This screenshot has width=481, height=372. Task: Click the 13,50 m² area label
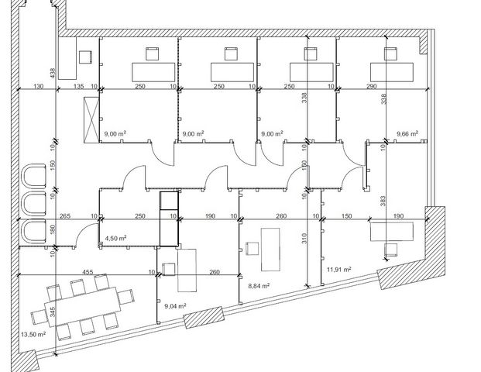click(x=33, y=334)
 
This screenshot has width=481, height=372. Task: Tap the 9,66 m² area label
click(x=407, y=134)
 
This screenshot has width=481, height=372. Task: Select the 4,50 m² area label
click(x=115, y=238)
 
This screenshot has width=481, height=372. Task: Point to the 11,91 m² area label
click(x=339, y=270)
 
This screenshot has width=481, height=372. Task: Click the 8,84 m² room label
click(x=259, y=286)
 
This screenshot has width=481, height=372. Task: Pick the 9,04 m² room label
click(x=176, y=306)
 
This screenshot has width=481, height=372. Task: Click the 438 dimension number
click(x=53, y=73)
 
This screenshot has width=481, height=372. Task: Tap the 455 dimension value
click(x=88, y=272)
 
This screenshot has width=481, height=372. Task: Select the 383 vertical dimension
click(x=383, y=201)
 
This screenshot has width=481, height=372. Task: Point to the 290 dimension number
click(x=371, y=86)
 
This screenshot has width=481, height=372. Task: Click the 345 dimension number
click(x=53, y=312)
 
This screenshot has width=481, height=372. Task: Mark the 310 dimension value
click(x=304, y=239)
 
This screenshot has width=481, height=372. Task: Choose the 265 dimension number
click(x=65, y=216)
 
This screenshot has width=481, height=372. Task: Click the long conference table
click(x=83, y=307)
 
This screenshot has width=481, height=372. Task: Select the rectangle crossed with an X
click(x=91, y=119)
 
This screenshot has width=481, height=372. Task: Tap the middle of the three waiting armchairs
click(x=34, y=204)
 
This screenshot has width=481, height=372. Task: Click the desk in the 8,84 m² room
click(x=270, y=250)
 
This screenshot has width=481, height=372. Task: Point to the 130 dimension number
click(x=38, y=86)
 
